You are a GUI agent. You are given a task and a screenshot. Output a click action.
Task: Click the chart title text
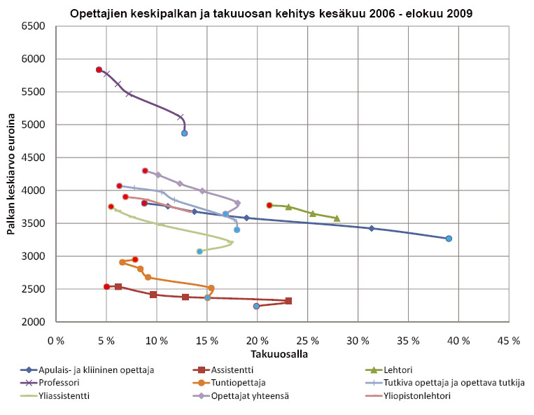point(267,13)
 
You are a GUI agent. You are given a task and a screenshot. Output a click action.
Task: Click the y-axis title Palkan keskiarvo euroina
point(12,174)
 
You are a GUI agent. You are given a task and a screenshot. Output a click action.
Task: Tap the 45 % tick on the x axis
point(509,340)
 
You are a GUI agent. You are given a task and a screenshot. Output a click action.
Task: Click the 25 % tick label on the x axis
point(307,340)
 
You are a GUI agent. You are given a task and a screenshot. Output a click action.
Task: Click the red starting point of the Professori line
point(99,70)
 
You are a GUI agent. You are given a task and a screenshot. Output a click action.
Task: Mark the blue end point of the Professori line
point(184,133)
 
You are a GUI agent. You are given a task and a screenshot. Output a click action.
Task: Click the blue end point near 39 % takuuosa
point(449,239)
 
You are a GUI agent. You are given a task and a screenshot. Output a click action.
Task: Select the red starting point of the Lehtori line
point(269,205)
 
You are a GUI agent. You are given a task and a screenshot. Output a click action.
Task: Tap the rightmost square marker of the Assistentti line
point(288,301)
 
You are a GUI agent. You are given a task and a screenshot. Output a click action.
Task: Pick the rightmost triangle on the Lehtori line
point(337,218)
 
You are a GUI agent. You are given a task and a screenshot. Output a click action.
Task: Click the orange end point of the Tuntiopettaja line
point(211,288)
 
